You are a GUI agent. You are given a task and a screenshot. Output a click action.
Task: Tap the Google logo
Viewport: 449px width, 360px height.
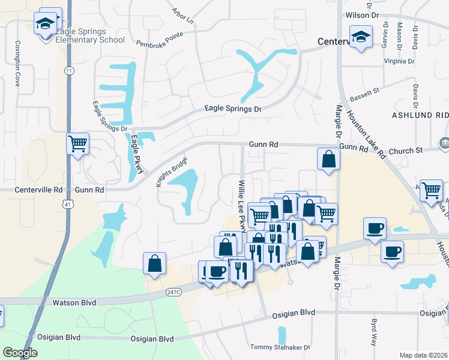[x=20, y=353]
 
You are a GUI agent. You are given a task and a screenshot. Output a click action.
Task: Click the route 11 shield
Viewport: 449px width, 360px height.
[x=70, y=71]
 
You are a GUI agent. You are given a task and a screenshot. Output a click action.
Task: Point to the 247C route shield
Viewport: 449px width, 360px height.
[x=172, y=292]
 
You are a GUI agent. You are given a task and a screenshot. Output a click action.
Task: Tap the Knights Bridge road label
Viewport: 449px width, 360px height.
[x=172, y=172]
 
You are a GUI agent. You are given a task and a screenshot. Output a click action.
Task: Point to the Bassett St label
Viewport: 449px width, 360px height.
[x=366, y=92]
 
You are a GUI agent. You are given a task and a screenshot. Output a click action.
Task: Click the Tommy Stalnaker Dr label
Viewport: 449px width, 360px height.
[x=280, y=347]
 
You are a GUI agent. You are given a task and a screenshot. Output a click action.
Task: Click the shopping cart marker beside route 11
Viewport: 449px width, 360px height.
[x=77, y=144]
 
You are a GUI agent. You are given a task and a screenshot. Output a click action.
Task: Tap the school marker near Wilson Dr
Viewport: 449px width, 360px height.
[x=361, y=37]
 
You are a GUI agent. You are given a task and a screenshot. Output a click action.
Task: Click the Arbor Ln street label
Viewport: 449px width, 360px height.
[x=184, y=16]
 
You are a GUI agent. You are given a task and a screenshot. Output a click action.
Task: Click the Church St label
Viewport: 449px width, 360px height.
[x=406, y=150]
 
